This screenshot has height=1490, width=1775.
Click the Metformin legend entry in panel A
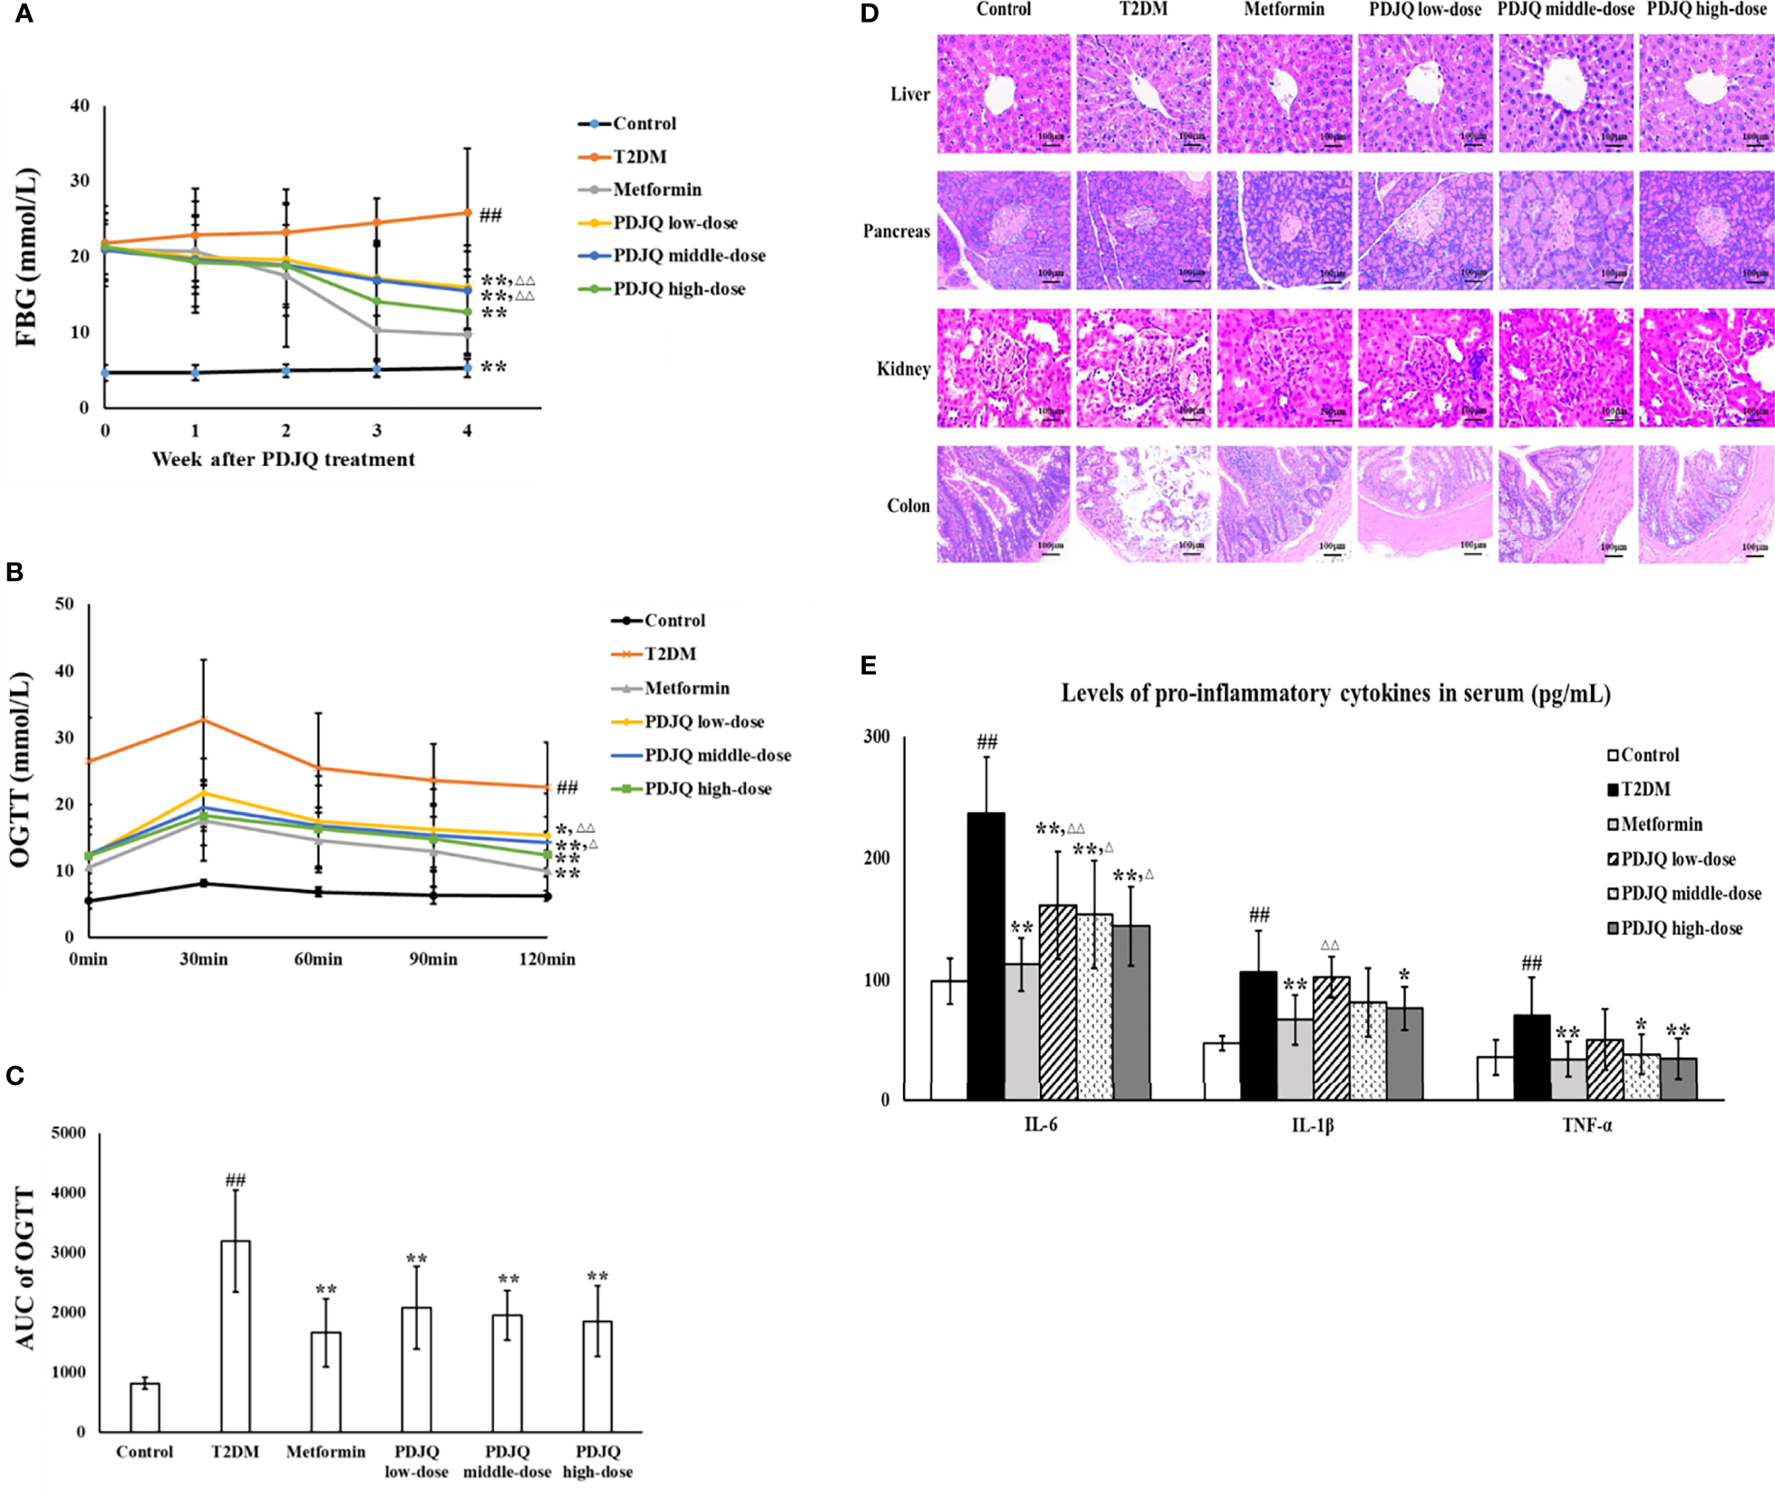pyautogui.click(x=656, y=189)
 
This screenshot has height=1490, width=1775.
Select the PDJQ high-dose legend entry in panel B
pyautogui.click(x=707, y=789)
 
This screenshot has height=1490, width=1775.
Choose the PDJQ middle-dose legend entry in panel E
pyautogui.click(x=1690, y=894)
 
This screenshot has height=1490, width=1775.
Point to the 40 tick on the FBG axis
pyautogui.click(x=81, y=106)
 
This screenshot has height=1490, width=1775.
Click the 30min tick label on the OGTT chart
pyautogui.click(x=204, y=959)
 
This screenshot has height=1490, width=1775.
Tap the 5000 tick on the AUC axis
pyautogui.click(x=69, y=1133)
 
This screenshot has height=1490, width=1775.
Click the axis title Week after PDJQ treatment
pyautogui.click(x=283, y=460)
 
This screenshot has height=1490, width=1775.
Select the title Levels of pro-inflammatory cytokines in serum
pyautogui.click(x=1335, y=694)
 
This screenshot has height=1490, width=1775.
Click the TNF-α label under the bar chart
pyautogui.click(x=1586, y=1126)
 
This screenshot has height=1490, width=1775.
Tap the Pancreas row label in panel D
pyautogui.click(x=896, y=231)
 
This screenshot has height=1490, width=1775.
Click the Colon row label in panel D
pyautogui.click(x=908, y=506)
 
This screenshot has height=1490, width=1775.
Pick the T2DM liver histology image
pyautogui.click(x=1143, y=94)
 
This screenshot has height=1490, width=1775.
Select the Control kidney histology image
pyautogui.click(x=1004, y=368)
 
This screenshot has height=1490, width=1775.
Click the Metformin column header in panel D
pyautogui.click(x=1284, y=10)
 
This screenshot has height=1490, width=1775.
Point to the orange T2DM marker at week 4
pyautogui.click(x=468, y=213)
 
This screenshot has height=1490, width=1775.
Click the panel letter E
pyautogui.click(x=868, y=667)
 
